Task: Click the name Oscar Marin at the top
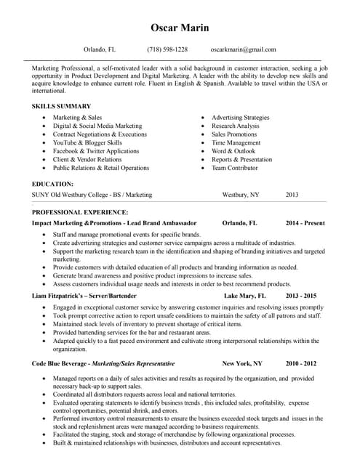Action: pos(180,28)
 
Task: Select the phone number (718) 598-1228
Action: pos(167,49)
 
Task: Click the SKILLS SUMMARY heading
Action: pos(61,106)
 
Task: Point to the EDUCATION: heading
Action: pos(52,185)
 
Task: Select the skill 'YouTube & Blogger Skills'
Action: pos(87,143)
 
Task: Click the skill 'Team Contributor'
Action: pos(234,168)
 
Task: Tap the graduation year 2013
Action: pos(292,195)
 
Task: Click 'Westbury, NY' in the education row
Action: pos(240,195)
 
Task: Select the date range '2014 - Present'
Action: pos(305,223)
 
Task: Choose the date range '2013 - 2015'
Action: pos(300,296)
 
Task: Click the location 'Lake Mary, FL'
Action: pos(244,296)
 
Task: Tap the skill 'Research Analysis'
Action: pos(235,126)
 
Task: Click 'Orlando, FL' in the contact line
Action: pos(100,49)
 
